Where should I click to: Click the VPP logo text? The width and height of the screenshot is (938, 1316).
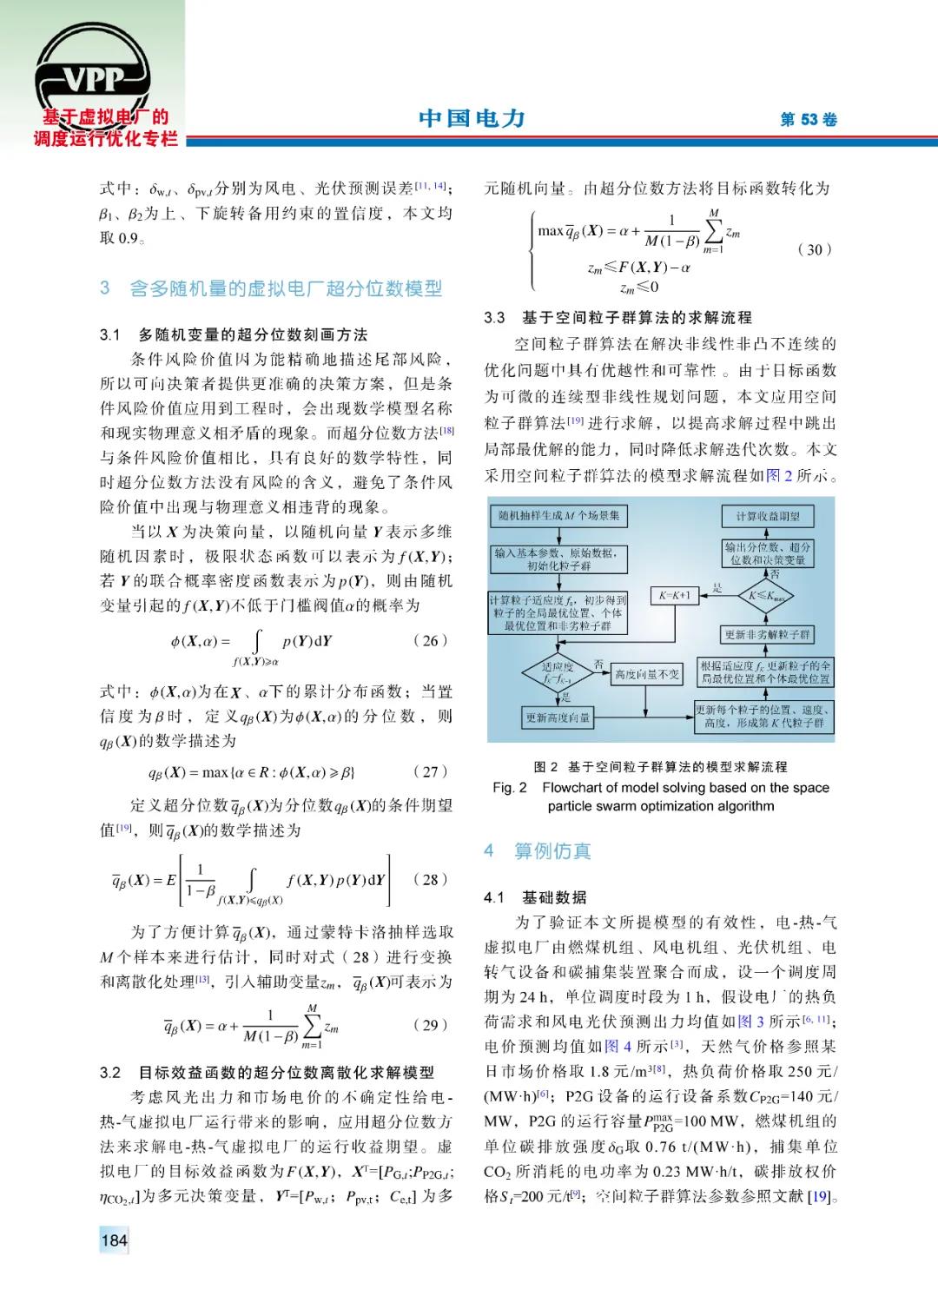(93, 80)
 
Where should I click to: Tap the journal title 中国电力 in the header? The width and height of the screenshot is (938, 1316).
(472, 118)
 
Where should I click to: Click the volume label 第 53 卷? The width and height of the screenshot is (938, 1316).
(809, 120)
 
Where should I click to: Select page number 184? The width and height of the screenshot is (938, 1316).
(114, 1240)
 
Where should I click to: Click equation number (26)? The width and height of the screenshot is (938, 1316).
(430, 641)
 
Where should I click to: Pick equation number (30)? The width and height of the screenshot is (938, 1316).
(814, 249)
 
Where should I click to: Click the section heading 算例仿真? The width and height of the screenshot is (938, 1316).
(552, 851)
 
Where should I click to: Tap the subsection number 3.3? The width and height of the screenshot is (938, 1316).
(494, 318)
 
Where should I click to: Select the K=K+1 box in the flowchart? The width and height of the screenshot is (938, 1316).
(674, 596)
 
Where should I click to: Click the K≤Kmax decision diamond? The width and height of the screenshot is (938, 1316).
(767, 597)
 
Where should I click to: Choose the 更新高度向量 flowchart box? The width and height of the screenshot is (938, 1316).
(558, 718)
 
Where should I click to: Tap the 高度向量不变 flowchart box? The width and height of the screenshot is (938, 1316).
(647, 674)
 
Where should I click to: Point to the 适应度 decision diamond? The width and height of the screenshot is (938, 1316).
(557, 673)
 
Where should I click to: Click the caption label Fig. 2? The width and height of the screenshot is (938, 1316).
(510, 788)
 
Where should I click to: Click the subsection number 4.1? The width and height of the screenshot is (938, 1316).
(494, 897)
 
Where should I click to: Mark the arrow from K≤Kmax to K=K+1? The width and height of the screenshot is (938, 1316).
(718, 596)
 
